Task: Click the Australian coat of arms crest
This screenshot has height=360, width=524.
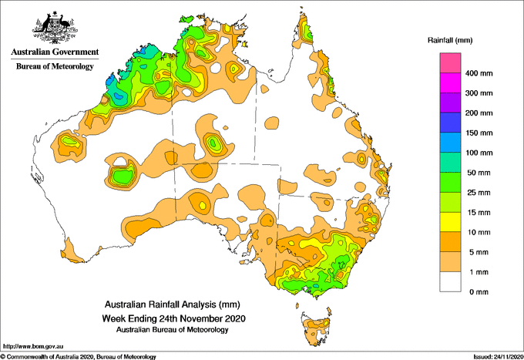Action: [55, 28]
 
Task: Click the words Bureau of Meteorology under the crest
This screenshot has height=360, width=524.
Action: [55, 66]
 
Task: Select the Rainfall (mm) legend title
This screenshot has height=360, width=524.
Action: [450, 40]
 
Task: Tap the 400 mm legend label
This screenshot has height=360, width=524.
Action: [479, 73]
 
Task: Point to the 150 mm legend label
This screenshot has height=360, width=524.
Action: [479, 133]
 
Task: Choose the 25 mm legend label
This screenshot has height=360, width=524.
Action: [479, 193]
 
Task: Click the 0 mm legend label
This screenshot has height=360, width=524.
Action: [479, 292]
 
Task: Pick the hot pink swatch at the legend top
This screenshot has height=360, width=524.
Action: [450, 63]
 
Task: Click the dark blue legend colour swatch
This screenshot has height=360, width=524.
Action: [450, 123]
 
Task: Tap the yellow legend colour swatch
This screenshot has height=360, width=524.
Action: [450, 222]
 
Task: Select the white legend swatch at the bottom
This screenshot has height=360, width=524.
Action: [450, 282]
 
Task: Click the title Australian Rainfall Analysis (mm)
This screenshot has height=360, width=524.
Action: [173, 304]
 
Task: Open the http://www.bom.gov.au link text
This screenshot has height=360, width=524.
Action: [33, 346]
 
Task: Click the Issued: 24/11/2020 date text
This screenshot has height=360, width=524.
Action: [498, 357]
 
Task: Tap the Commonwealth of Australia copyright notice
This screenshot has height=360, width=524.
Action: [79, 357]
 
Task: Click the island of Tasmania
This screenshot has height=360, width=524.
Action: [316, 329]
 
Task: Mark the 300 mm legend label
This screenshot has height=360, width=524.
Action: [479, 93]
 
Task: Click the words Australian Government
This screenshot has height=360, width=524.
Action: [55, 52]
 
